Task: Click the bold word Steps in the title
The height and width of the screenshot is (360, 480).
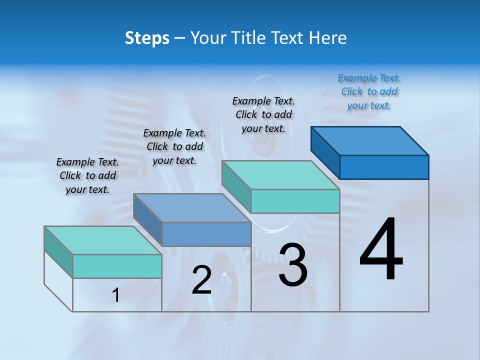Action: [x=147, y=38]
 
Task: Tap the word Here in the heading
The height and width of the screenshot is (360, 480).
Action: [x=327, y=38]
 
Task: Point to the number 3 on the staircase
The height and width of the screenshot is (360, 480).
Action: [x=293, y=265]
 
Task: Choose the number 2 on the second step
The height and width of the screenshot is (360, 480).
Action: [x=202, y=280]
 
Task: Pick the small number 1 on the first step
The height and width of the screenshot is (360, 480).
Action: [x=116, y=295]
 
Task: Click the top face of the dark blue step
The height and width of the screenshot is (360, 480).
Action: [x=370, y=140]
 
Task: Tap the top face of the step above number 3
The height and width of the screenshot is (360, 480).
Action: [x=280, y=175]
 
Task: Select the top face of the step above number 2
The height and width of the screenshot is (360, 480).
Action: [x=192, y=208]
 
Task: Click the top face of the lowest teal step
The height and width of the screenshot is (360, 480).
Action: [x=102, y=240]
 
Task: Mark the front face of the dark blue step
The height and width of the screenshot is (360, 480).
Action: [x=384, y=167]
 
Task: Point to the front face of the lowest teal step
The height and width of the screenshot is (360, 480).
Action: [x=117, y=266]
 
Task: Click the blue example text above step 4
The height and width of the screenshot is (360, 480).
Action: [x=369, y=92]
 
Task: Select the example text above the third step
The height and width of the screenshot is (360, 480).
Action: [x=263, y=114]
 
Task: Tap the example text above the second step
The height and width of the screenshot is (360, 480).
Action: [x=174, y=146]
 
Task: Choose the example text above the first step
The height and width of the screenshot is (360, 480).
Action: [x=87, y=175]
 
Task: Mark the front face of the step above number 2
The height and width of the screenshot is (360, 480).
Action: [x=206, y=234]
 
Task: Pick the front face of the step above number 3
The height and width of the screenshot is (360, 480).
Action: [x=295, y=201]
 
